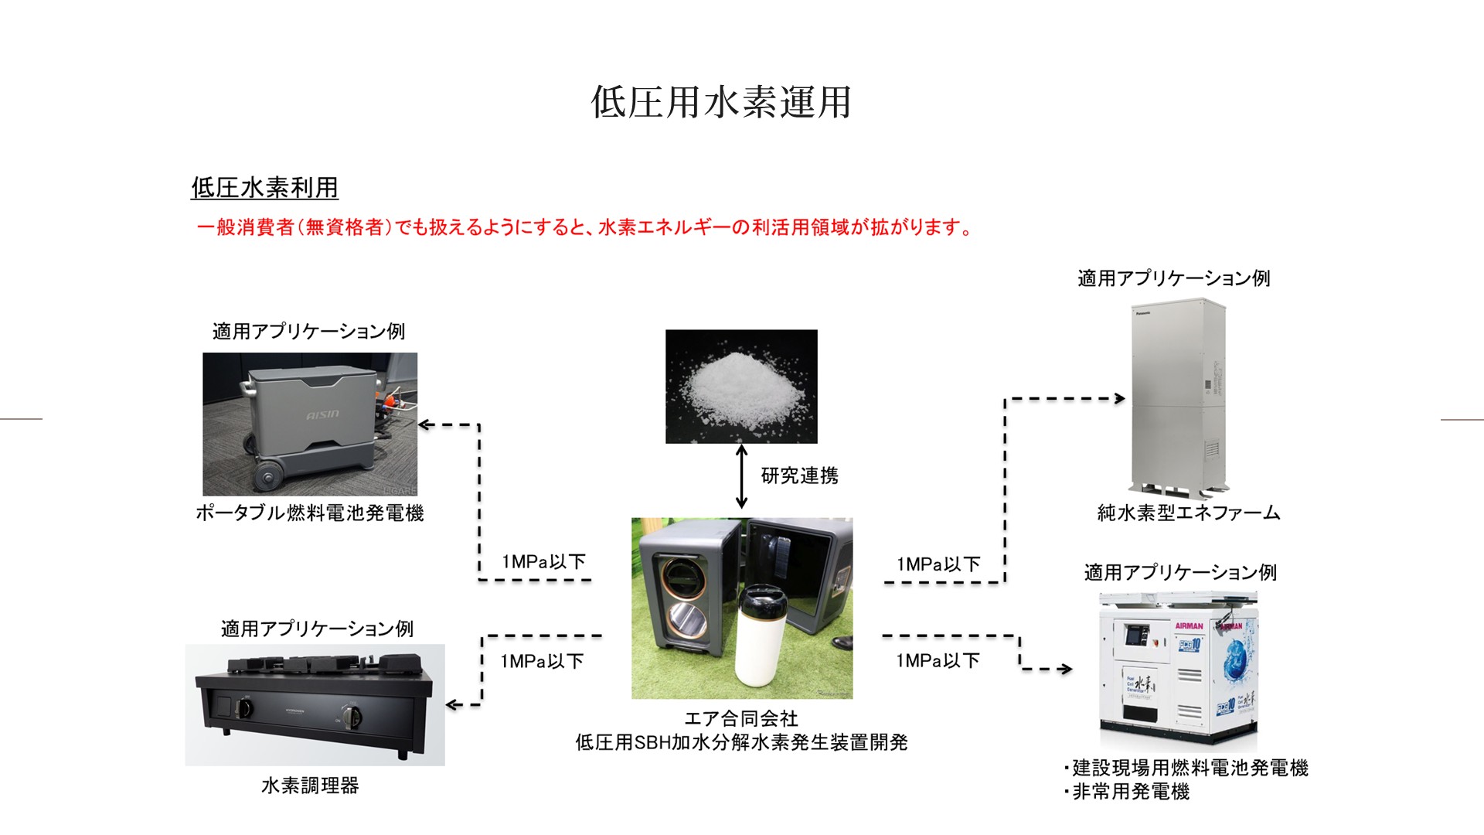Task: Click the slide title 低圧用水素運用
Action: pos(720,102)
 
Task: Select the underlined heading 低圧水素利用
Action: pos(264,188)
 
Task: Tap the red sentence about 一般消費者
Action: pos(584,227)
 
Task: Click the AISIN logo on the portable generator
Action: pos(322,415)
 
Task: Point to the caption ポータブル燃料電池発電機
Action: pos(309,513)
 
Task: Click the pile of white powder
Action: pos(740,383)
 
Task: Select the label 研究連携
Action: pos(799,475)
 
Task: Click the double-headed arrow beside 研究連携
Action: pos(741,476)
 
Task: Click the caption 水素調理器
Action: pos(310,786)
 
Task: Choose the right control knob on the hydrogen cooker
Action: pos(352,717)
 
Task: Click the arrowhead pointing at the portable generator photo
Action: pos(424,424)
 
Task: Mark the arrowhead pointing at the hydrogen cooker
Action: pos(453,704)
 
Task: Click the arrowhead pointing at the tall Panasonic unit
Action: pos(1120,399)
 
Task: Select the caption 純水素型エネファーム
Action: pos(1189,513)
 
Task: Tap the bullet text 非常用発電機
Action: pos(1130,792)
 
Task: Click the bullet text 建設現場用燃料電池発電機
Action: pos(1190,768)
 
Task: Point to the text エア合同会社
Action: pos(741,719)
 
